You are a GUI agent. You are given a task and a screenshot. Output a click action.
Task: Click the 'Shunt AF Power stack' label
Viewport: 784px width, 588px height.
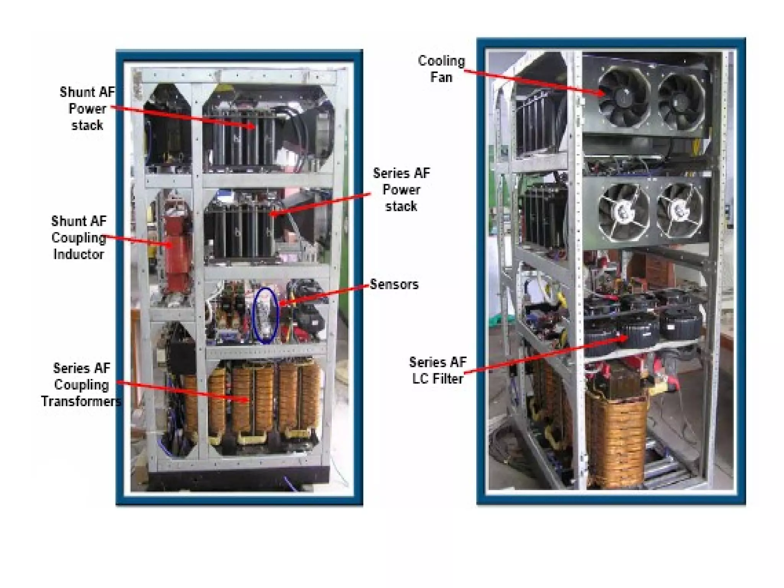[87, 109]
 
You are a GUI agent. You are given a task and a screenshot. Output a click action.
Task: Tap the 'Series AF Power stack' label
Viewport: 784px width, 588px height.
[401, 190]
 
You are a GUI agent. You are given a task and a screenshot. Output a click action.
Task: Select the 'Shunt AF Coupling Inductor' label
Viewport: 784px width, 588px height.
[78, 238]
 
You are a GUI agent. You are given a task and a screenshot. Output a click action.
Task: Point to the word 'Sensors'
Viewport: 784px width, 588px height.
[394, 284]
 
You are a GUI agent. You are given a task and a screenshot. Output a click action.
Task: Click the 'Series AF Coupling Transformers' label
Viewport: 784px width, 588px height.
[81, 385]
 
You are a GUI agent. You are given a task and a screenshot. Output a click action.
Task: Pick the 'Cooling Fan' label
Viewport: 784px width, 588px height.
[441, 69]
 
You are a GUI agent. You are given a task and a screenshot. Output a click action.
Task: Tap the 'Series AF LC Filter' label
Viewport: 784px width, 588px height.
[438, 370]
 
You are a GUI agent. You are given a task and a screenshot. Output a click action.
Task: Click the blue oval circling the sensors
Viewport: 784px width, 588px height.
[266, 315]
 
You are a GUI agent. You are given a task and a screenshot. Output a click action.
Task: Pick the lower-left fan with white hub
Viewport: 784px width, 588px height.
[623, 211]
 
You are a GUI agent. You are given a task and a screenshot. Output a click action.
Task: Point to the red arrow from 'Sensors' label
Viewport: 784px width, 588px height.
[325, 294]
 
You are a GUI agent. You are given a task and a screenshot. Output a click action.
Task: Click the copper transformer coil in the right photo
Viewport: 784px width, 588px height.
[616, 440]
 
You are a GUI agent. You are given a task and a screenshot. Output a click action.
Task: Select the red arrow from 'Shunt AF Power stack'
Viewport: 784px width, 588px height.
[184, 117]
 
